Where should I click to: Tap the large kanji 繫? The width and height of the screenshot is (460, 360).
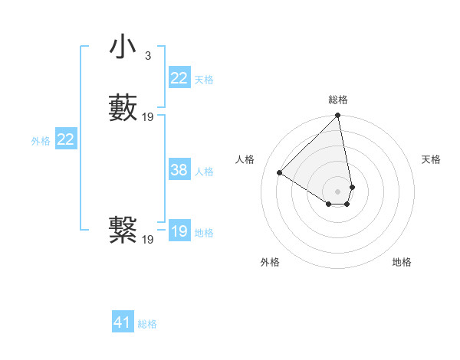click(x=123, y=230)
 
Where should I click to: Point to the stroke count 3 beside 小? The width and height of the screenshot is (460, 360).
click(x=147, y=56)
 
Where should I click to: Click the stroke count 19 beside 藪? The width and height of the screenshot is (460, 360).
click(x=148, y=117)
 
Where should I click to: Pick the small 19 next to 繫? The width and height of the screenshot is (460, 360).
click(x=148, y=239)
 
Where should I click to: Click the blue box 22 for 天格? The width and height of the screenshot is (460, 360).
click(x=179, y=78)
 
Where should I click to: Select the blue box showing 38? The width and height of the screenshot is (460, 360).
click(x=179, y=170)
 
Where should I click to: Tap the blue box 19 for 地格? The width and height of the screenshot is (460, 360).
click(x=179, y=231)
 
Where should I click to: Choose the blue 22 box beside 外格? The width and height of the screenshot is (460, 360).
click(x=66, y=139)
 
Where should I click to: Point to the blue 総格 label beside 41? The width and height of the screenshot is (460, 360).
click(x=147, y=324)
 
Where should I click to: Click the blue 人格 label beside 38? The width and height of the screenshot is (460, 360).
click(x=204, y=172)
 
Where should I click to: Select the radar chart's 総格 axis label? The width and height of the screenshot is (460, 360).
click(x=338, y=100)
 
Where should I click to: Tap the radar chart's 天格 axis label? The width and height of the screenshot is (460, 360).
click(x=432, y=159)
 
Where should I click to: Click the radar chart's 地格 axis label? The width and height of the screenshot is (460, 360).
click(x=402, y=262)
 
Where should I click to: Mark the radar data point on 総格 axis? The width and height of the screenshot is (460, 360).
click(x=338, y=116)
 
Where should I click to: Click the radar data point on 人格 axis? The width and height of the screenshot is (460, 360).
click(x=280, y=173)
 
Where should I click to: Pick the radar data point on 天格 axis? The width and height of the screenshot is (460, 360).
click(x=352, y=187)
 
